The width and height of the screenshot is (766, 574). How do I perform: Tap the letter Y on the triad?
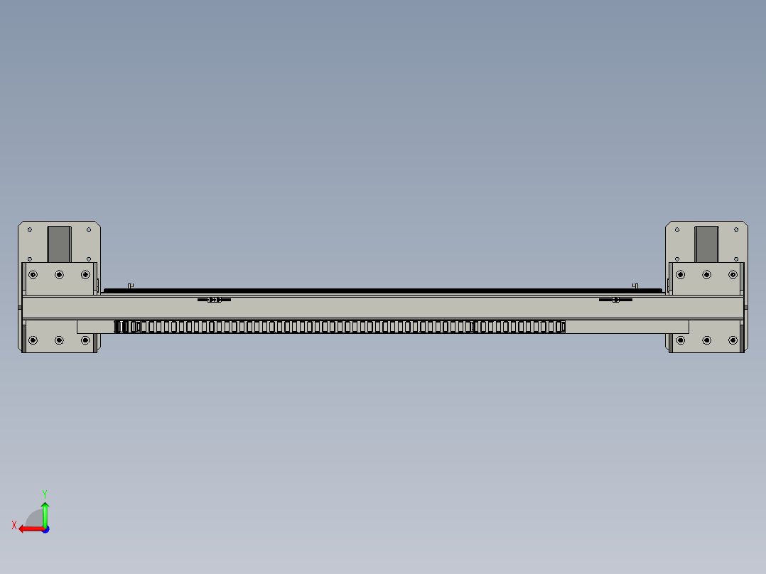coord(45,494)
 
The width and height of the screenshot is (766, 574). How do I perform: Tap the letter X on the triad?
coord(14,525)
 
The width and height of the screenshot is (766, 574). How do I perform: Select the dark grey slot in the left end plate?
coord(59,244)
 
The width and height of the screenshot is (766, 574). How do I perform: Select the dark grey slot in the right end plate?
coord(706,244)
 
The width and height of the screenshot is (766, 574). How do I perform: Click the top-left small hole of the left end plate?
coord(30,229)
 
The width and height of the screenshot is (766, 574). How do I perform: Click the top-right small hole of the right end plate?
coord(736,229)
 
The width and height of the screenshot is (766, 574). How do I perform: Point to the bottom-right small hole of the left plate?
coord(88,259)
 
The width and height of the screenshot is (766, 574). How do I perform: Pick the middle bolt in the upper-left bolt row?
coord(59,274)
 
